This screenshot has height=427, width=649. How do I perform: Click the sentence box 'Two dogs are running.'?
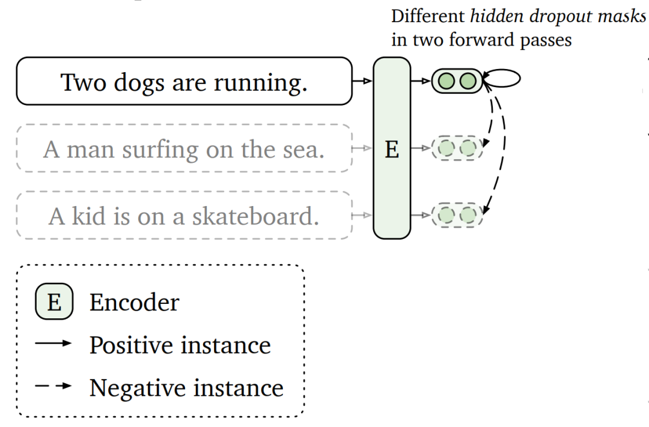click(x=184, y=81)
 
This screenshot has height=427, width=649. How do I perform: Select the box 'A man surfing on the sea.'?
click(x=184, y=148)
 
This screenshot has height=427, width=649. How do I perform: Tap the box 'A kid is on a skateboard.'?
click(x=184, y=216)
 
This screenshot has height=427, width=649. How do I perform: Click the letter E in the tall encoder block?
click(x=392, y=149)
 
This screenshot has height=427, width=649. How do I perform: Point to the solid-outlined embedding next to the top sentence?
click(x=457, y=80)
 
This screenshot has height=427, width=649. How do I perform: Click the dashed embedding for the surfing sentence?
click(x=457, y=148)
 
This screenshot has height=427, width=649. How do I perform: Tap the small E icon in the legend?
click(x=54, y=302)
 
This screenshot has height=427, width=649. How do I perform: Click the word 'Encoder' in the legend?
click(x=134, y=303)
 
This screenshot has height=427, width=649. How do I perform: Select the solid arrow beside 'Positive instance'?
click(x=53, y=344)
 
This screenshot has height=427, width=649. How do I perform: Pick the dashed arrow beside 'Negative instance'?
click(x=53, y=386)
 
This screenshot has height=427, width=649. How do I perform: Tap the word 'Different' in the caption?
click(x=428, y=16)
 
